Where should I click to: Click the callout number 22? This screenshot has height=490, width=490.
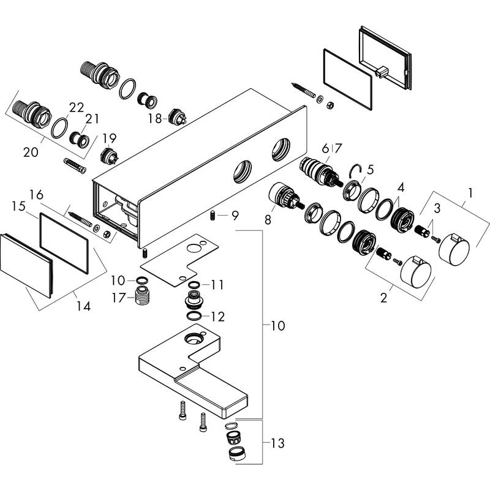click(x=77, y=107)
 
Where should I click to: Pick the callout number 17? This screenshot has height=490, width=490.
click(x=118, y=298)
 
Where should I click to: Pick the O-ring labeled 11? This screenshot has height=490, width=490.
click(x=194, y=285)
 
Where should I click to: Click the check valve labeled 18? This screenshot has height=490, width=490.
click(x=180, y=116)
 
